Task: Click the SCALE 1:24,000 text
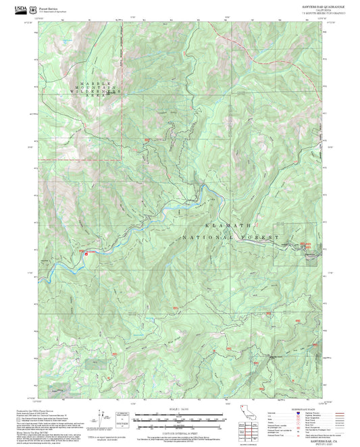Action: tap(180, 408)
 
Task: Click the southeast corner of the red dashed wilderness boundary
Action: tap(122, 160)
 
